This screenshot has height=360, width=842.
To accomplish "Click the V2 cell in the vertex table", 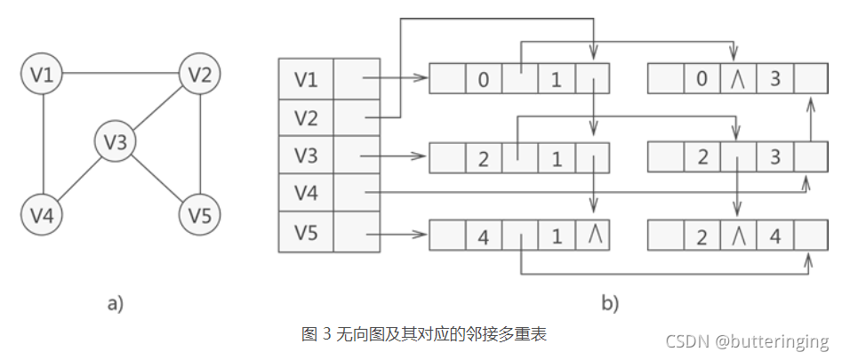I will [x=306, y=117].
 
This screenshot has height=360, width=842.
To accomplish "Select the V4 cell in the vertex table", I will [x=306, y=193].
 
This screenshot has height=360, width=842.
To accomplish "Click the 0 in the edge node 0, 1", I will [x=483, y=80].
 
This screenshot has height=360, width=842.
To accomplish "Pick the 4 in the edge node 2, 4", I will [x=775, y=237].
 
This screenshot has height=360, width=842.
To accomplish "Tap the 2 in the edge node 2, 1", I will [x=483, y=159].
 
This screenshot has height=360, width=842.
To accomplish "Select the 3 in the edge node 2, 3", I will [x=775, y=159].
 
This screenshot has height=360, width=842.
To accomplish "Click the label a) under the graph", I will [x=115, y=303].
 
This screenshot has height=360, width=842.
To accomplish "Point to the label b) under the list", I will [x=609, y=303].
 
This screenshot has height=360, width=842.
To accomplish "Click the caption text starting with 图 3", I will [x=424, y=334].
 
